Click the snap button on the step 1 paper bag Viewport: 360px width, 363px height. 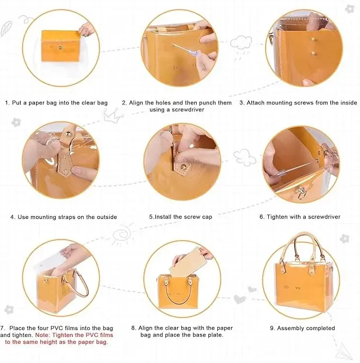point(60,48)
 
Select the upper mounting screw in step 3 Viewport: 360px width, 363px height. point(313,40)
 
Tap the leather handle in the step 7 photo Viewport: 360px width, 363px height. point(76,284)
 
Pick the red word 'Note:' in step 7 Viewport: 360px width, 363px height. point(43,335)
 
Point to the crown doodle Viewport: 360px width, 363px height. point(112,116)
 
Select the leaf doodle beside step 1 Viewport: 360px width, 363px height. point(6,28)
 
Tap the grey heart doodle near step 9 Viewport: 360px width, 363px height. point(240,299)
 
